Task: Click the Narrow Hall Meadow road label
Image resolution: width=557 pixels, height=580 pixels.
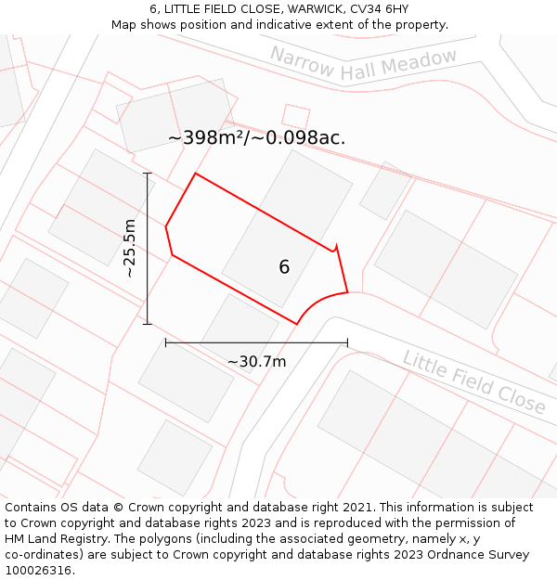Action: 364,65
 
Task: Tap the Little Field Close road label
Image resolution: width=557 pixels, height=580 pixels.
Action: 473,381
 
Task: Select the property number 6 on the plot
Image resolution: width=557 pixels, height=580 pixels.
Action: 284,267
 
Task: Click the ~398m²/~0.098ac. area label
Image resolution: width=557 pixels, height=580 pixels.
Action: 256,138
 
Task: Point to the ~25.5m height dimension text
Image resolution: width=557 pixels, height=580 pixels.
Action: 130,248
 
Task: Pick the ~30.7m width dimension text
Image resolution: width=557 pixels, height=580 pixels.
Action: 256,361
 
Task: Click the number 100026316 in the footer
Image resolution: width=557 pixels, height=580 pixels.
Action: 37,571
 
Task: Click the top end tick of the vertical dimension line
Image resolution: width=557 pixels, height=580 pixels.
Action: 147,173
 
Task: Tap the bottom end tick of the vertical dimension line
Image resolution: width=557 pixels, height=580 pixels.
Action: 147,324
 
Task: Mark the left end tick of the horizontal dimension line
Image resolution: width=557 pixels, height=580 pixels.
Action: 166,342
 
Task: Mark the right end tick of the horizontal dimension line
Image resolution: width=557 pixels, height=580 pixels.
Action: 347,342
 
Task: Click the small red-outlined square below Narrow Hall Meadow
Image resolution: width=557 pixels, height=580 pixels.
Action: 295,117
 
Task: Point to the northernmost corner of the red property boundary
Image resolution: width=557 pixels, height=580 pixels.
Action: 195,174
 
